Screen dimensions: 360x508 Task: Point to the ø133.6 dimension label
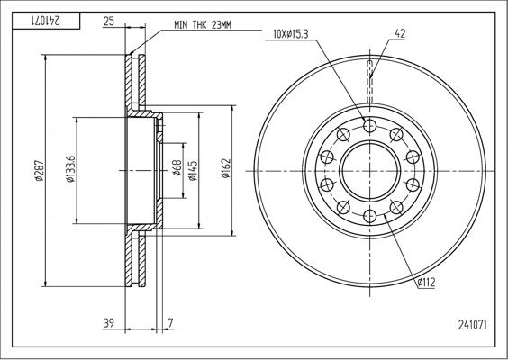click(x=70, y=170)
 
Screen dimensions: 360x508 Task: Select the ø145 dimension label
click(x=193, y=170)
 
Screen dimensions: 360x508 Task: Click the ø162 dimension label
click(x=227, y=170)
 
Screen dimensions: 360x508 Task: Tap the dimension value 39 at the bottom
click(x=109, y=323)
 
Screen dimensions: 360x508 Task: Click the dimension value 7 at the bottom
click(x=170, y=323)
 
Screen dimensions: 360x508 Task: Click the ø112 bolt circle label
click(x=426, y=283)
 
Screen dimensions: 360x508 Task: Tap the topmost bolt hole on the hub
click(x=369, y=124)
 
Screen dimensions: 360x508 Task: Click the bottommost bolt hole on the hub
click(x=369, y=216)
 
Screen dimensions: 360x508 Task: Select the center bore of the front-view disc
click(x=369, y=170)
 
